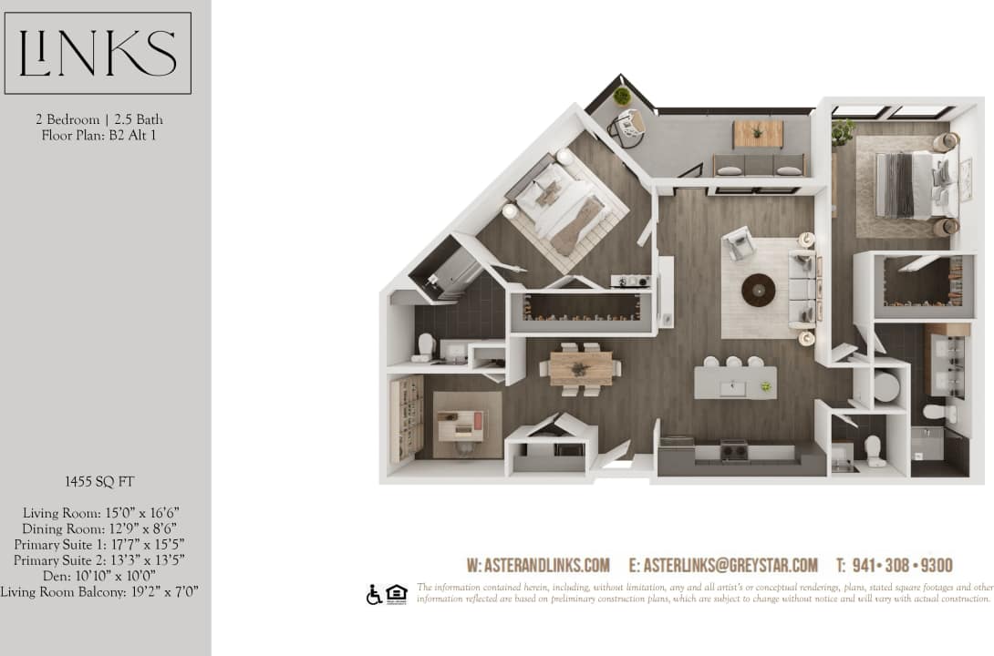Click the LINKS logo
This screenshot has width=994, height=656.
[98, 53]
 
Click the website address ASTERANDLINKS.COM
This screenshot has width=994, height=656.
[538, 565]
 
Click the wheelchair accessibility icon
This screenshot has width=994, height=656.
[374, 595]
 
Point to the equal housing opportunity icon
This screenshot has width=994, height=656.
[396, 593]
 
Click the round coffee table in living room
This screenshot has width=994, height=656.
[758, 290]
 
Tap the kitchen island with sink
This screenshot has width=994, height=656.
[735, 383]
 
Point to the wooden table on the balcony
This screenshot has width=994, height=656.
[758, 134]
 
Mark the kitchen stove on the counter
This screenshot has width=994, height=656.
[734, 449]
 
